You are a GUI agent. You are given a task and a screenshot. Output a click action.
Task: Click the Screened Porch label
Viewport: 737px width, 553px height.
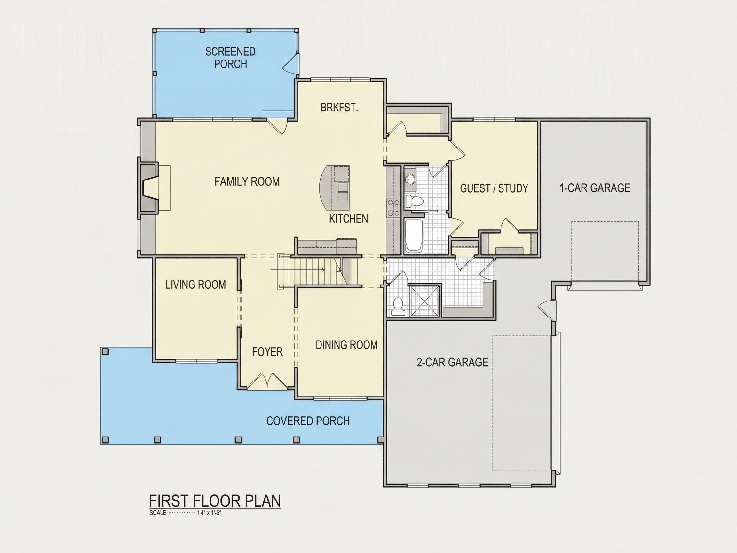point(230,58)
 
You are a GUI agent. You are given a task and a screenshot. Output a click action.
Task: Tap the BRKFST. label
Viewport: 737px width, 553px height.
point(339,107)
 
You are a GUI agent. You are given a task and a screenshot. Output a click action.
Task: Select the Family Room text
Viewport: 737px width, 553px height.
point(247,181)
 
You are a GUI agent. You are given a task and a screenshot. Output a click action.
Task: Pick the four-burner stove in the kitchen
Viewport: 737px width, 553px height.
point(393,207)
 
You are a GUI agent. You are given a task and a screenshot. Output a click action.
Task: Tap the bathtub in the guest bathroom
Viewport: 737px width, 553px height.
point(414,235)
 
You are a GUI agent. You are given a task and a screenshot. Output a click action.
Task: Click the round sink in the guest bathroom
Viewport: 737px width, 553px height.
point(410,179)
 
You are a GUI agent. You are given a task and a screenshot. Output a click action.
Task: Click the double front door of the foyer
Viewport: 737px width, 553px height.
point(267,381)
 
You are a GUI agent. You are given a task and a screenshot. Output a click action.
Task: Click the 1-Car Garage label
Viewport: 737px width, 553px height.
point(595,188)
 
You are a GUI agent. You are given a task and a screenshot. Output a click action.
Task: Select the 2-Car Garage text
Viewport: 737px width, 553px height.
point(452,362)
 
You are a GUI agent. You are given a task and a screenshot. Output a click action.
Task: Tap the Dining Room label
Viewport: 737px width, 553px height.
point(346,345)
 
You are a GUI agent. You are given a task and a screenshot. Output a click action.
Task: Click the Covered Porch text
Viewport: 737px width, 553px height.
point(308,421)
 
